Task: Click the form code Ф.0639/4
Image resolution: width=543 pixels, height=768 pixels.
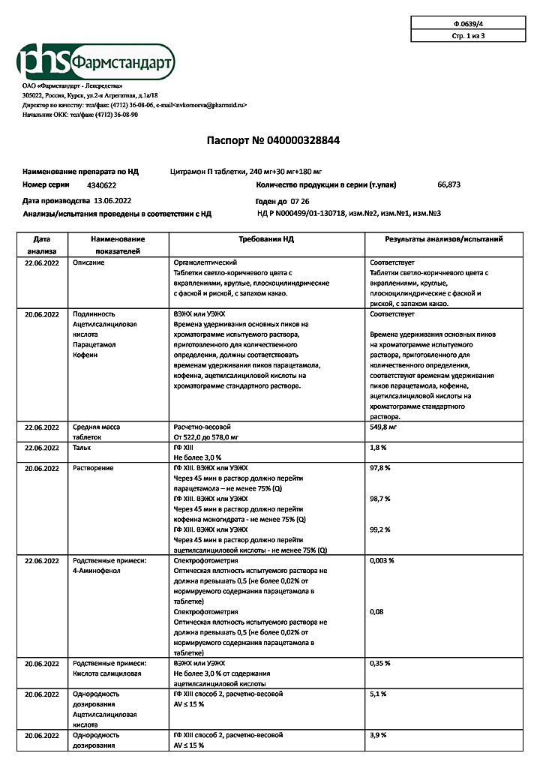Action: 469,24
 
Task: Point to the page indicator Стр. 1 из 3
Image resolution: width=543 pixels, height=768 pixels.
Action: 469,35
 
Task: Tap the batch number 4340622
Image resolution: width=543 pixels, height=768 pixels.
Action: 101,184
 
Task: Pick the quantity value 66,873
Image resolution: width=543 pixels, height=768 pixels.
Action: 448,184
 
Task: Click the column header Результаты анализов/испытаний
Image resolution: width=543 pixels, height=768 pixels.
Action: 444,238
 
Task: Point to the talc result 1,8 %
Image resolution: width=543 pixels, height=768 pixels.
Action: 379,447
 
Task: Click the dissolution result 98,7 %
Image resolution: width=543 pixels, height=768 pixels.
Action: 380,499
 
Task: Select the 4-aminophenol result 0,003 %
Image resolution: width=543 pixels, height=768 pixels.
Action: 382,560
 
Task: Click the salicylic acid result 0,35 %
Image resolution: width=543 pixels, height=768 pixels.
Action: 380,664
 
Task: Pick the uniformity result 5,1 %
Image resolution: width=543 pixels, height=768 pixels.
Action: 378,694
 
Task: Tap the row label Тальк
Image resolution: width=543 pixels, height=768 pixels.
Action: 82,447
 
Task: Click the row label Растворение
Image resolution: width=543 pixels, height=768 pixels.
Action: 93,468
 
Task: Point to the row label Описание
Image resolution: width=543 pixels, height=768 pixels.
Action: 88,263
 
